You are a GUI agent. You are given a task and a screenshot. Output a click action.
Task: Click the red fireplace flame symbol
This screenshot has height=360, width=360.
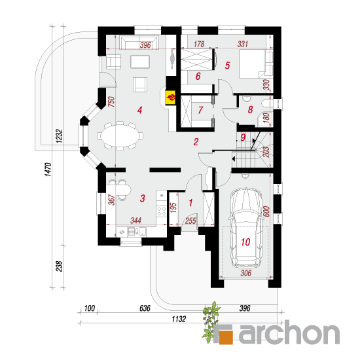point(171,98)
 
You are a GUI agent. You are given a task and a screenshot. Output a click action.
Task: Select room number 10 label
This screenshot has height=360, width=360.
point(245,242)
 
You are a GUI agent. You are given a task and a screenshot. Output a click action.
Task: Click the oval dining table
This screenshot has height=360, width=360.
point(120,136)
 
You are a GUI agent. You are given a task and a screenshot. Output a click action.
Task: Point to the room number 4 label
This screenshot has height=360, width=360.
point(139,110)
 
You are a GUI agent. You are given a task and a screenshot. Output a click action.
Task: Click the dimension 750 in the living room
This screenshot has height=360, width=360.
point(111,101)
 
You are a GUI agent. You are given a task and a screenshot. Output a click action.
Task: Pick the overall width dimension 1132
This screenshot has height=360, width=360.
point(179,319)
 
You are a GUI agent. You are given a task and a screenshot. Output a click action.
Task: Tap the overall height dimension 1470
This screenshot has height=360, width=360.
point(48,170)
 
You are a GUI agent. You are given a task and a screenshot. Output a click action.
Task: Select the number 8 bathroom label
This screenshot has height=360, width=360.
point(250,109)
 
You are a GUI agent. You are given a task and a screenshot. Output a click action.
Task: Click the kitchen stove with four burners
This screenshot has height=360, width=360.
point(162,211)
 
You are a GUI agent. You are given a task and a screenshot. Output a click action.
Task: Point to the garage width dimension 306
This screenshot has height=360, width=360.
point(246,273)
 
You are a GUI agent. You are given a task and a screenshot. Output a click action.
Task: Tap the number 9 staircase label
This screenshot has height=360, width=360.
point(243,137)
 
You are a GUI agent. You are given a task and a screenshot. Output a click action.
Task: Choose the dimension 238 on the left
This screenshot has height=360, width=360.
point(59,266)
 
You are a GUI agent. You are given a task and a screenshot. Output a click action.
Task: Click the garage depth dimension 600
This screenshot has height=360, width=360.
point(266,211)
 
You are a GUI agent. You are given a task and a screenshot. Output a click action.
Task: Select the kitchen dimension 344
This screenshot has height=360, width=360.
point(135,221)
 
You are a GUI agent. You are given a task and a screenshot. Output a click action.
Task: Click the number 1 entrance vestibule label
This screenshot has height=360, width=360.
point(190,203)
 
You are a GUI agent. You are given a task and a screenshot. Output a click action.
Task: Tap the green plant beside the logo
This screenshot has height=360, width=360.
point(211,322)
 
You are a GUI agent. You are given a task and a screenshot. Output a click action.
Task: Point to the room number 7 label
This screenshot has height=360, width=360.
point(200,110)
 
